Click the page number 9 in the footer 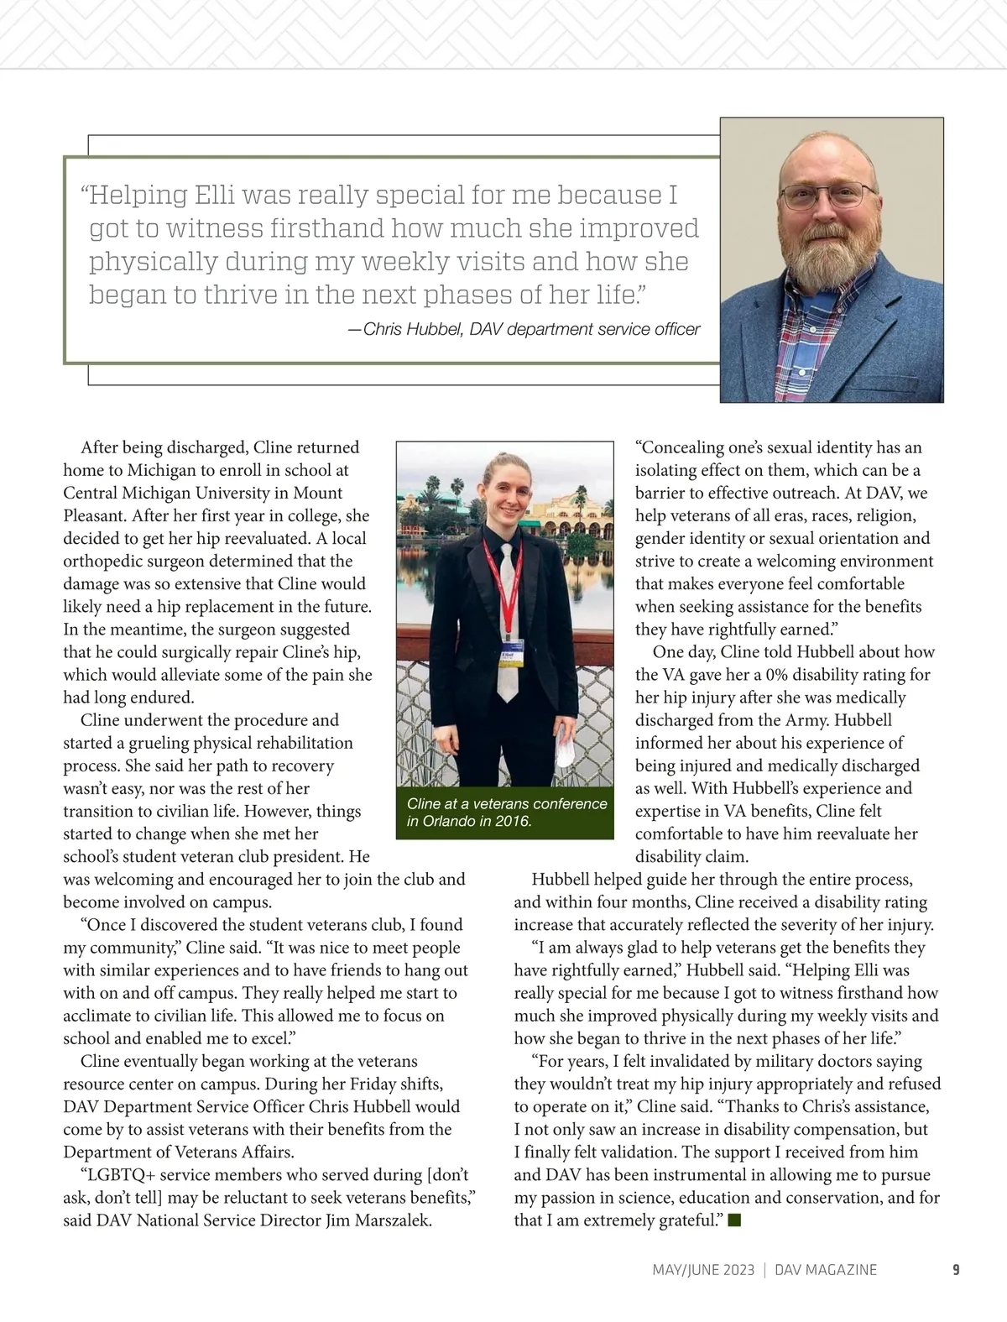click(x=955, y=1269)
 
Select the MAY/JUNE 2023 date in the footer click(x=703, y=1269)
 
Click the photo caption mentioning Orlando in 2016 click(x=506, y=812)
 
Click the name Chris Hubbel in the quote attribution click(x=413, y=329)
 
